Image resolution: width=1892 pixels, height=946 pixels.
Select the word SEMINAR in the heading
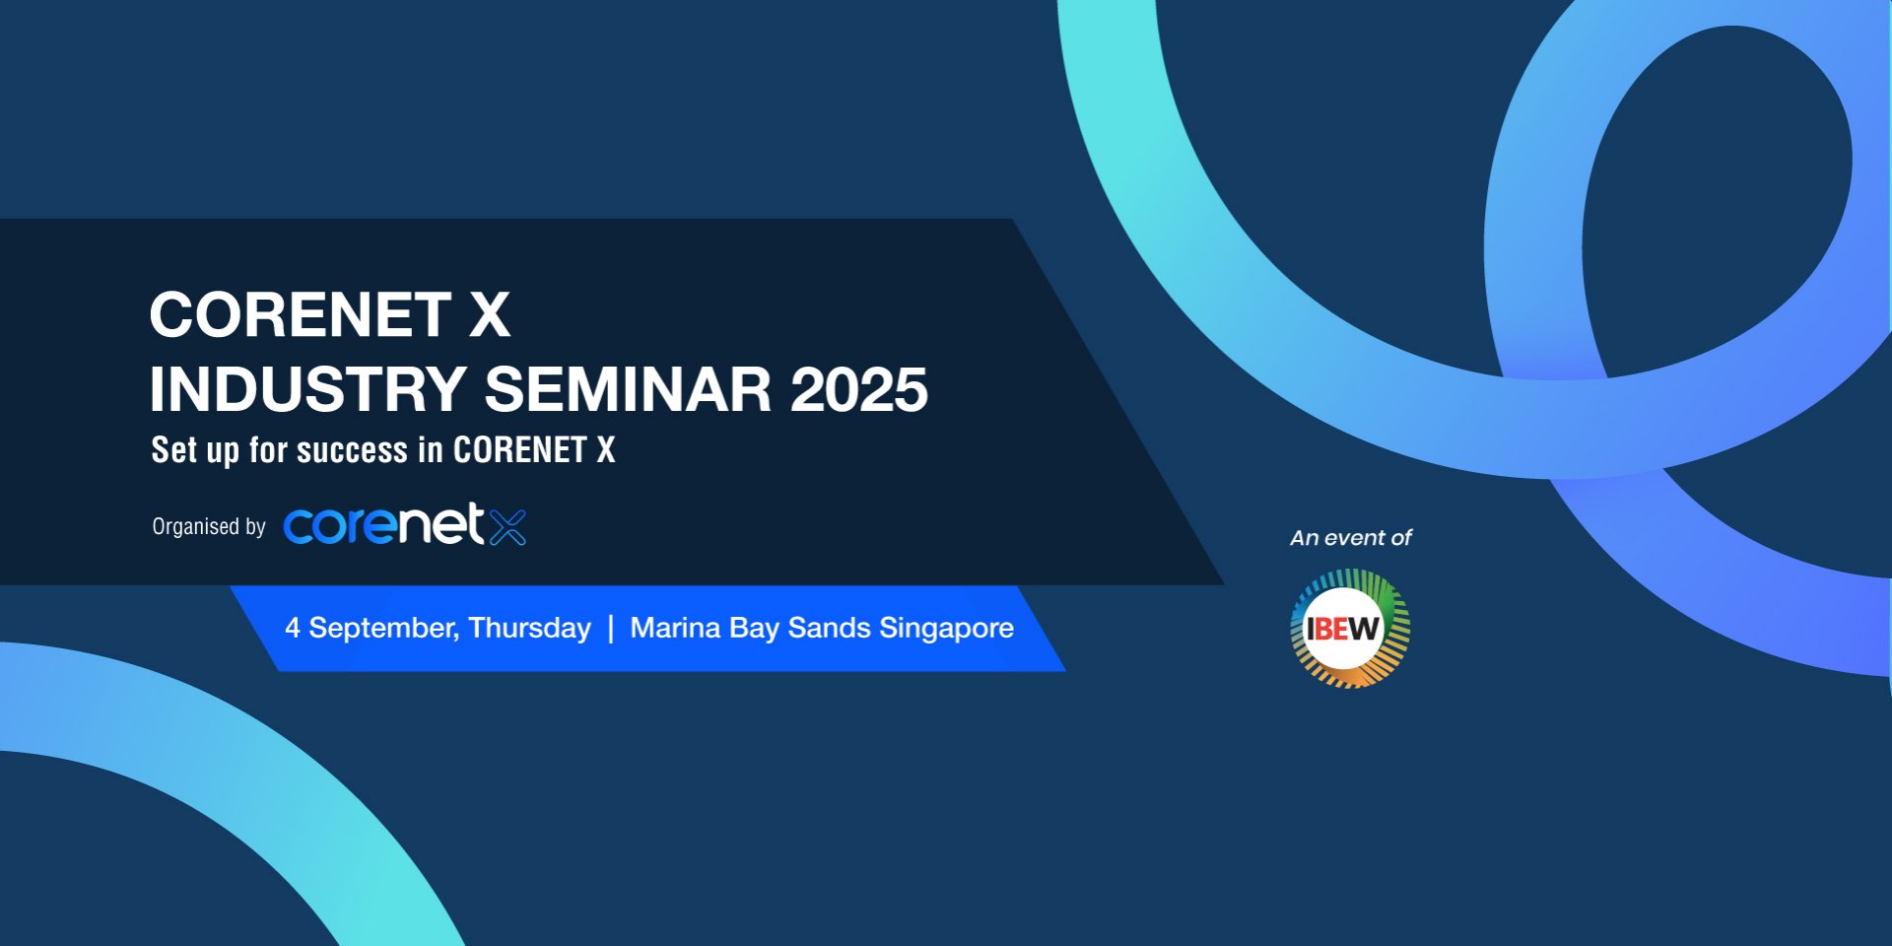pos(629,389)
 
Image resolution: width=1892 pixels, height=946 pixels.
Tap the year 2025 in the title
pos(859,389)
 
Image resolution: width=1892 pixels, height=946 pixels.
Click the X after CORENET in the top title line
pos(489,314)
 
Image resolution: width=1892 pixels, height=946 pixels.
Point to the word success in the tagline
pos(352,450)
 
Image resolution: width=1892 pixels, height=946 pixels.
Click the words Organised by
pos(209,527)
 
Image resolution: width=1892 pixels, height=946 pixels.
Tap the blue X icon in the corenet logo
pos(507,526)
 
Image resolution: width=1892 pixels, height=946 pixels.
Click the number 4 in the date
pos(293,628)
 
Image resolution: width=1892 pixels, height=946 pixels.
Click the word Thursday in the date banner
pos(529,629)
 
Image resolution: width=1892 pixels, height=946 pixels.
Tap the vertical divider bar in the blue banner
pos(611,629)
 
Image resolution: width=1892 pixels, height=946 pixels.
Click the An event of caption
pos(1351,538)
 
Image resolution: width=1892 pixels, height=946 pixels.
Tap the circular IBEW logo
pos(1350,628)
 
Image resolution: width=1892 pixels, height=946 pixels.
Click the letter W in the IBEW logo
pos(1365,628)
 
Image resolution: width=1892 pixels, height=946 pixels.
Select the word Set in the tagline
pos(174,450)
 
